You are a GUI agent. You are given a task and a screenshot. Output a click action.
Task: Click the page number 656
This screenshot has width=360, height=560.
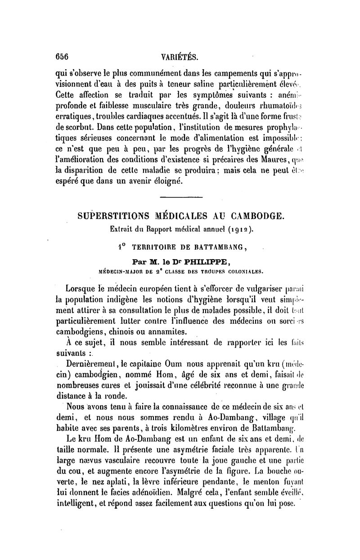(61, 57)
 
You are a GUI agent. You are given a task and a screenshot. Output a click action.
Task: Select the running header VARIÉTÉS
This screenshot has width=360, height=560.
(180, 57)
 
